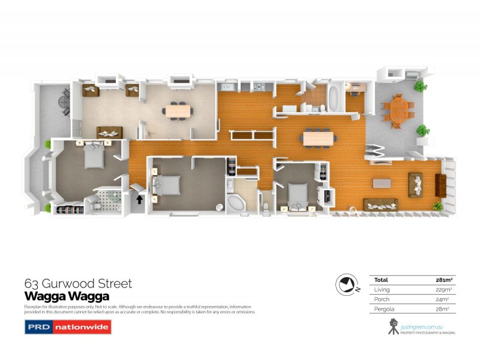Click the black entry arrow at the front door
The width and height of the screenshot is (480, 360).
(x=140, y=199)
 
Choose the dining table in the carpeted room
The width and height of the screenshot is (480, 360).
(x=178, y=110)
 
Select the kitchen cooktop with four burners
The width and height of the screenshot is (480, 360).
(x=260, y=88)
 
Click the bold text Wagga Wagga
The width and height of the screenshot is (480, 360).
(x=67, y=296)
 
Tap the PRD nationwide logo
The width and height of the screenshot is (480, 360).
(x=67, y=327)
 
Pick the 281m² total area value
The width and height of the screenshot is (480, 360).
(x=443, y=280)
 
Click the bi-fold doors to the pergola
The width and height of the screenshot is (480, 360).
(x=376, y=153)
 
